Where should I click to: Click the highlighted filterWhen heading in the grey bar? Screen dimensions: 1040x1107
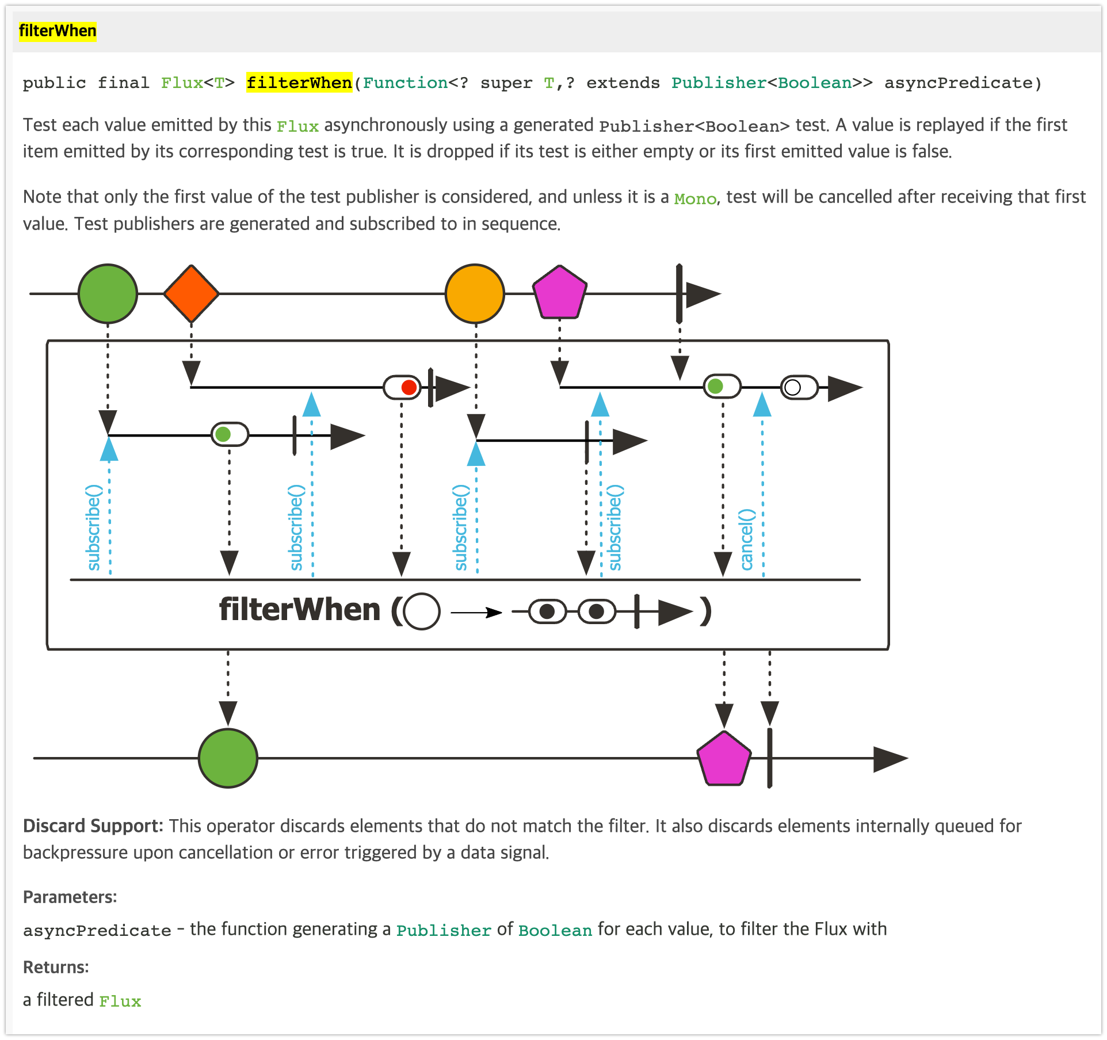(x=58, y=31)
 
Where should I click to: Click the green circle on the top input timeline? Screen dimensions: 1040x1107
(x=108, y=293)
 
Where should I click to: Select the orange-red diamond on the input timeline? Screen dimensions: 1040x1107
(x=192, y=293)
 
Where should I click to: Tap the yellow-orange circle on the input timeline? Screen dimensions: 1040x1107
(x=475, y=293)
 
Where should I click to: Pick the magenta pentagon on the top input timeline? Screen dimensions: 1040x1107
(x=560, y=293)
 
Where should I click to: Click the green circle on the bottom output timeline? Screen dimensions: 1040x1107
(x=228, y=758)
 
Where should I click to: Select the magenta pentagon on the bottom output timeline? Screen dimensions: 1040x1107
(x=724, y=759)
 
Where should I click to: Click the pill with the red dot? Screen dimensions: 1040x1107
(x=402, y=387)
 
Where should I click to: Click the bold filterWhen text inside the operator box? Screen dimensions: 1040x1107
(x=300, y=610)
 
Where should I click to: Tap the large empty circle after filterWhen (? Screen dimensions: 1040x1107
(x=422, y=611)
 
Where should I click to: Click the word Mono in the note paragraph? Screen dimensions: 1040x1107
(x=695, y=199)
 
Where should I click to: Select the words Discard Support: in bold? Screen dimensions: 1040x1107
(x=93, y=826)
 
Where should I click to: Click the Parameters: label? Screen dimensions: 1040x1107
(x=70, y=897)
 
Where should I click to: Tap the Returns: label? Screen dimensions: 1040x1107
(x=56, y=967)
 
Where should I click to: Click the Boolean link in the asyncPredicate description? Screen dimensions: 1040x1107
(x=555, y=931)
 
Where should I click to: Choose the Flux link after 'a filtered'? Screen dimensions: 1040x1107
(x=120, y=1001)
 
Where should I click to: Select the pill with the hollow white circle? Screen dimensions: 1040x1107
(x=799, y=387)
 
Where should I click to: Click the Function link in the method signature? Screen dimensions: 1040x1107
(x=405, y=83)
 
